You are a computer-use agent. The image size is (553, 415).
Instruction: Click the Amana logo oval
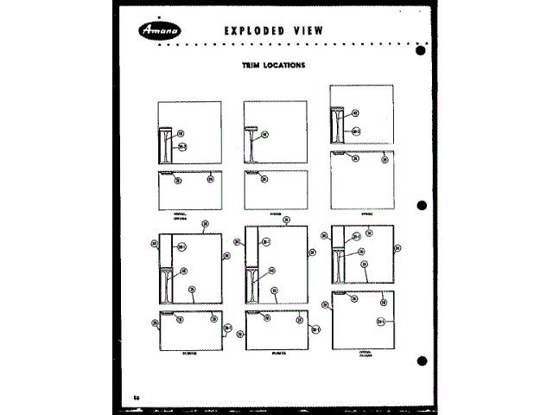click(158, 32)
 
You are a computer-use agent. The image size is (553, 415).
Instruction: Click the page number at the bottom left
click(137, 396)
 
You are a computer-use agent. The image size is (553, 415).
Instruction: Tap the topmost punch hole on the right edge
click(421, 49)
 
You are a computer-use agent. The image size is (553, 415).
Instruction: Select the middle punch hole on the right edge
click(421, 206)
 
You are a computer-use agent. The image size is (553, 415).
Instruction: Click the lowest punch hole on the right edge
click(421, 361)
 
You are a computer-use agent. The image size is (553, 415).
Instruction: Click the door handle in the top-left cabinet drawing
click(165, 145)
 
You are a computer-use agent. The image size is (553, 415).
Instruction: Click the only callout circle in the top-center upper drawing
click(265, 135)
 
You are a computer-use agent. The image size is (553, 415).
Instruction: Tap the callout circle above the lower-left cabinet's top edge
click(204, 223)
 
